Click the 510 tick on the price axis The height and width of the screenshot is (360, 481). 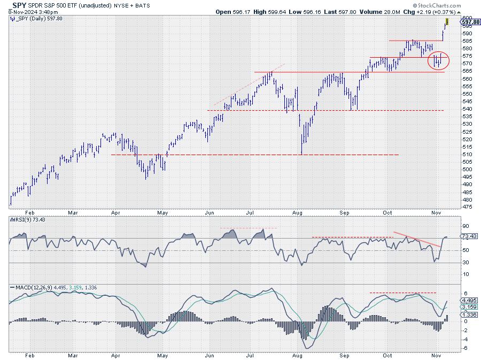click(x=467, y=155)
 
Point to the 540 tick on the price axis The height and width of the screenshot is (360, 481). click(x=467, y=109)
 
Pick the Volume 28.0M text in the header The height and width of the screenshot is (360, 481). click(x=387, y=11)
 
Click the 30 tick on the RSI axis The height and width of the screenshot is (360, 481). click(x=466, y=262)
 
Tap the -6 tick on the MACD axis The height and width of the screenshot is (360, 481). click(x=466, y=348)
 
